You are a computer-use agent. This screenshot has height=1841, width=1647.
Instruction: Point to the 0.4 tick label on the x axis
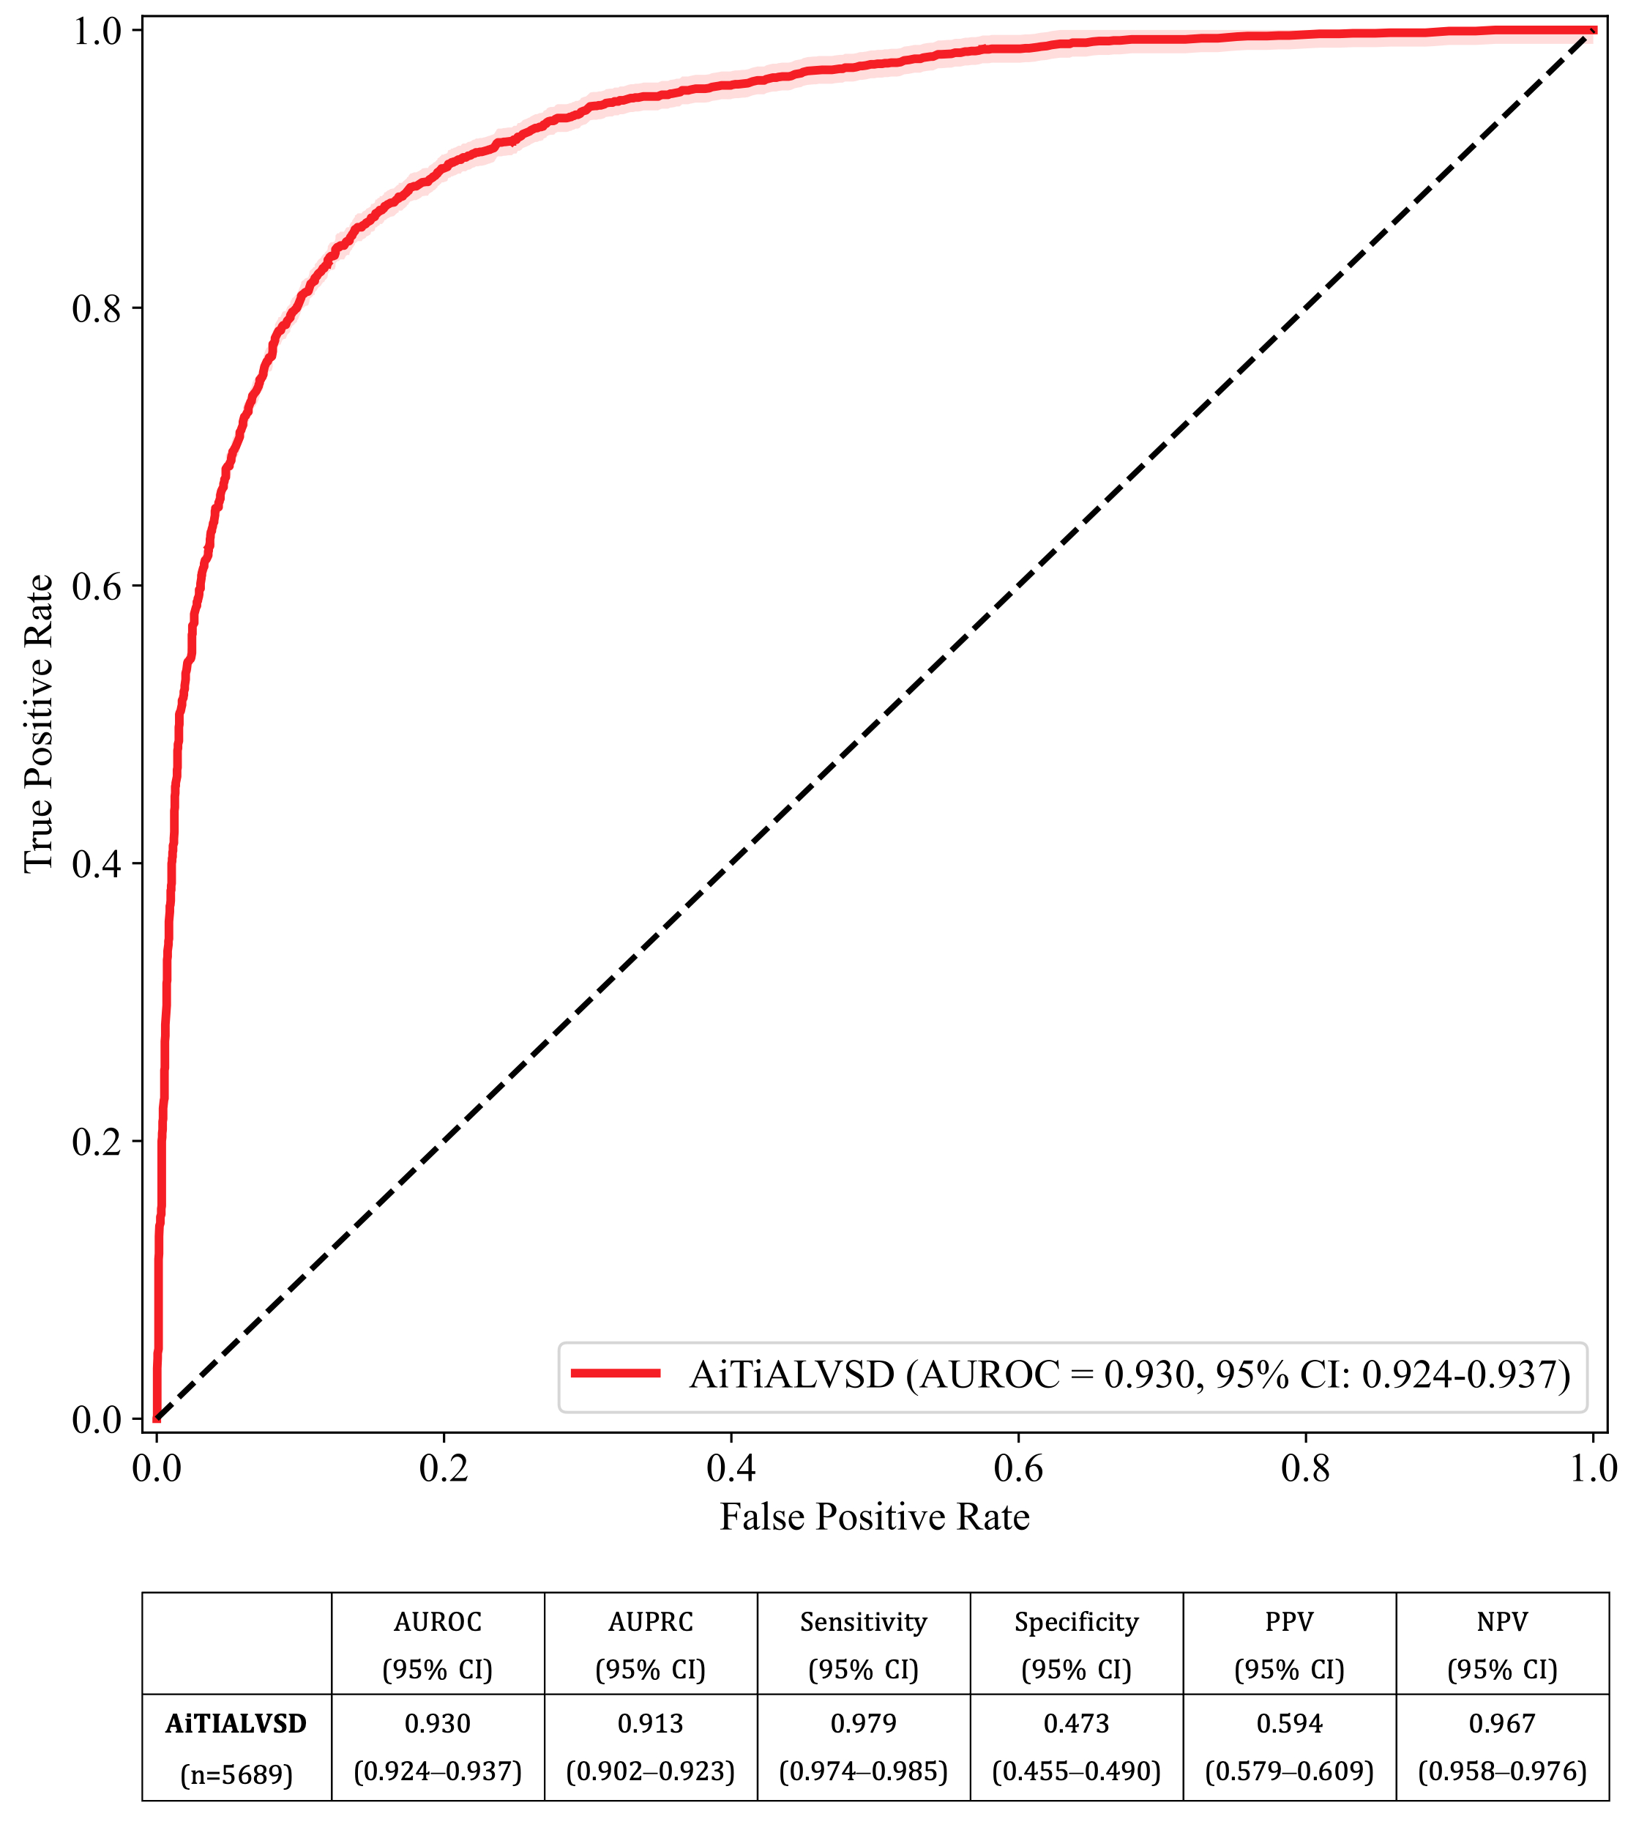click(x=731, y=1468)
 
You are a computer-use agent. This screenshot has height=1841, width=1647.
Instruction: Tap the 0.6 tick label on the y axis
click(x=96, y=587)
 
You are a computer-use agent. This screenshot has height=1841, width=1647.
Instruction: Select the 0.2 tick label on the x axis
click(x=444, y=1468)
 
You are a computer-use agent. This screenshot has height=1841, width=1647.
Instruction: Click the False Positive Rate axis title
click(x=874, y=1517)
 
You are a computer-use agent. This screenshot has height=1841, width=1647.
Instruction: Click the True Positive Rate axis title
click(x=39, y=724)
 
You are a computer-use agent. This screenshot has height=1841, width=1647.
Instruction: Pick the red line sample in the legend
click(x=616, y=1373)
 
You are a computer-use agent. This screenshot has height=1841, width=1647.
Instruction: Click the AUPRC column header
click(x=651, y=1621)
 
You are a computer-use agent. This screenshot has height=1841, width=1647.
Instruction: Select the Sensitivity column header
click(x=863, y=1621)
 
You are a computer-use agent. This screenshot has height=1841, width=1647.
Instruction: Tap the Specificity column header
click(x=1076, y=1621)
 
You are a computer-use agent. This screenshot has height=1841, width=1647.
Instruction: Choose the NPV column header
click(x=1502, y=1621)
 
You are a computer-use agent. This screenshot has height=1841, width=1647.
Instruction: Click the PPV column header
click(x=1290, y=1621)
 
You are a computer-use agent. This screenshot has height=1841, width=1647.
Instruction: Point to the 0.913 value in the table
click(x=651, y=1722)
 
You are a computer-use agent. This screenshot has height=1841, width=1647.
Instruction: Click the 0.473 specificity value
click(x=1076, y=1722)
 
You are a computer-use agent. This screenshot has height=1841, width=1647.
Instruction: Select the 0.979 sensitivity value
click(x=863, y=1722)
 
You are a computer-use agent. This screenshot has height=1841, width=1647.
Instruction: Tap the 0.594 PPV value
click(x=1290, y=1722)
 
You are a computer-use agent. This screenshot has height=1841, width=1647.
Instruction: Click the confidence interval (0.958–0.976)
click(x=1502, y=1771)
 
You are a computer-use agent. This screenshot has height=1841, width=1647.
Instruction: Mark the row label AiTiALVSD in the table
click(x=236, y=1723)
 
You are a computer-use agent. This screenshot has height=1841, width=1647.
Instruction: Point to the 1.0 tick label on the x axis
click(x=1593, y=1468)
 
